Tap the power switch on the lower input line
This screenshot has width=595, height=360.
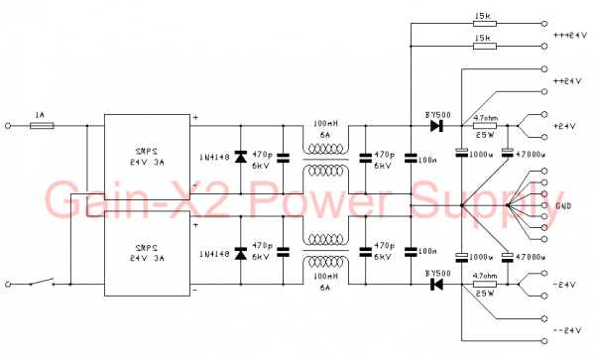(x=41, y=285)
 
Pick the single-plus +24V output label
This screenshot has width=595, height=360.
(x=565, y=127)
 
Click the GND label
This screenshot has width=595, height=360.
(x=565, y=206)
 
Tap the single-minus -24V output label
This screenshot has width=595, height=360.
(x=565, y=286)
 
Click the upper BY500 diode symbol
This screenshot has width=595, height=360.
(x=434, y=126)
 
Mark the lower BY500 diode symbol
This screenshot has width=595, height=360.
(x=434, y=285)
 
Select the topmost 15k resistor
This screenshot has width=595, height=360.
(x=483, y=24)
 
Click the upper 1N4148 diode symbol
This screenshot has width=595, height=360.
(x=239, y=157)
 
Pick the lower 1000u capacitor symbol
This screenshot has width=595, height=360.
(x=461, y=259)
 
